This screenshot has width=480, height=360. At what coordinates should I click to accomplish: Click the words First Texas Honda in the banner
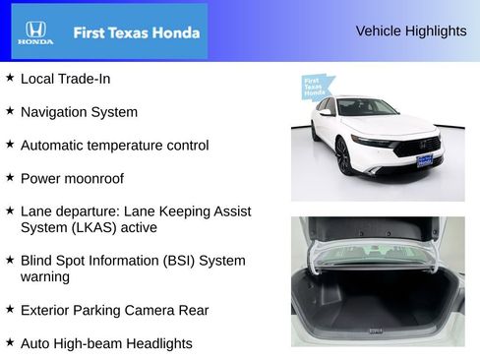[136, 32]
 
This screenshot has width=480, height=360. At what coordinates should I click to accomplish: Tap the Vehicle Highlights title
[410, 31]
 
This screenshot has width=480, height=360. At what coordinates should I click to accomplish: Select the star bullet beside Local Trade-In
[10, 77]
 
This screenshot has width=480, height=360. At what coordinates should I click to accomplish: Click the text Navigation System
[79, 112]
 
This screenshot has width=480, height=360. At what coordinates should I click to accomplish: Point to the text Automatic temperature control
[114, 146]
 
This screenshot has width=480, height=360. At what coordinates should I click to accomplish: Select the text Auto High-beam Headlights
[106, 343]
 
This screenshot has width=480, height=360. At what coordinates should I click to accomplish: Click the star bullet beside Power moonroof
[10, 178]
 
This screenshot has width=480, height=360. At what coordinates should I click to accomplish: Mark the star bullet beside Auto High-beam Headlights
[10, 342]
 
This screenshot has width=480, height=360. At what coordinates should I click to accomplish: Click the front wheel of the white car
[343, 155]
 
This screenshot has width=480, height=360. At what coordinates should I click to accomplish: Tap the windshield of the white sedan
[367, 107]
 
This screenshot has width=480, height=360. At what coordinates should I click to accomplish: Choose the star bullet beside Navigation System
[10, 111]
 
